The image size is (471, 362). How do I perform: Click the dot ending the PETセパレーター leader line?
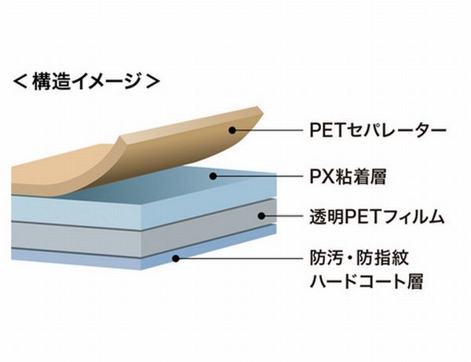(x=232, y=130)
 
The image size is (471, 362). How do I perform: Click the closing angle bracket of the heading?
(x=155, y=80)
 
